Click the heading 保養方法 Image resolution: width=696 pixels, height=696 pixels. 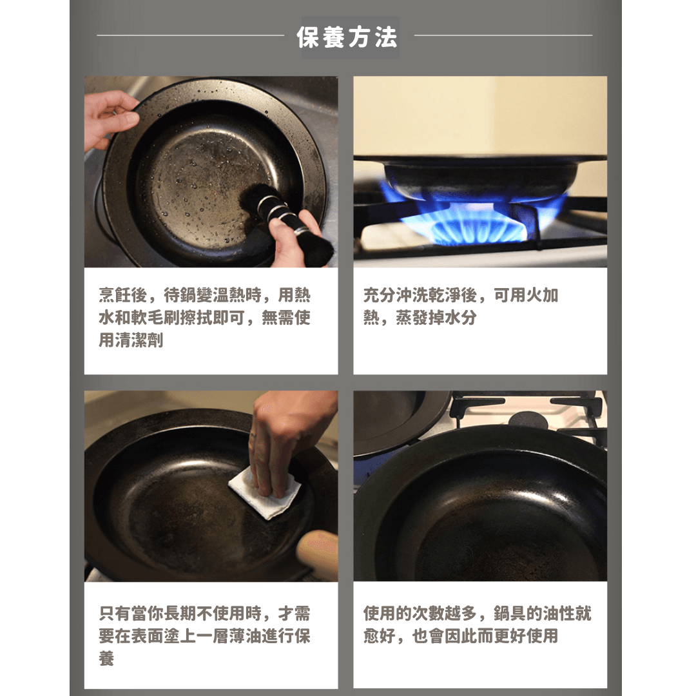pos(347,37)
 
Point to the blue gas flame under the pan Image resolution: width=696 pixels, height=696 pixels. pos(470,218)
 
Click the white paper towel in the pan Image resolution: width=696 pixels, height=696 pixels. pos(265,493)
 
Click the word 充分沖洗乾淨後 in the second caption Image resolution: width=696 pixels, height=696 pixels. pos(420,295)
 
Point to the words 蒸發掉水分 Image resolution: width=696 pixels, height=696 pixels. pos(436,318)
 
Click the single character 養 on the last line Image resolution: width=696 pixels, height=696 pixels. pos(106,659)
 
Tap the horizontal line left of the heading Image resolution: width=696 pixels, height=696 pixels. pos(190,35)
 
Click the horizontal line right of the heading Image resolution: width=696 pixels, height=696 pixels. pos(503,35)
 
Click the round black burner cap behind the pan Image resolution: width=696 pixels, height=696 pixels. pos(528,419)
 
